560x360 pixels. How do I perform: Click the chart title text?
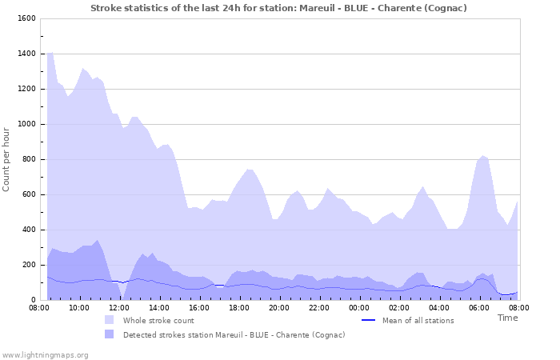(x=278, y=8)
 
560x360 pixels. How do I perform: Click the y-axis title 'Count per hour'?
(x=7, y=159)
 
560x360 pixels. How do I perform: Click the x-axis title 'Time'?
(x=507, y=318)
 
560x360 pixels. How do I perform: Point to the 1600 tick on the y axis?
(x=26, y=18)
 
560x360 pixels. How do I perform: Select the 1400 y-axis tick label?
(x=26, y=54)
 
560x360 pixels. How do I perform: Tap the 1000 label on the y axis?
(x=26, y=124)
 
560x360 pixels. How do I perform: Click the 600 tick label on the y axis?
(x=28, y=194)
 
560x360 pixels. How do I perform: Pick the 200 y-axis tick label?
(x=28, y=265)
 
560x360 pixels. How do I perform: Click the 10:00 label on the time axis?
(x=79, y=307)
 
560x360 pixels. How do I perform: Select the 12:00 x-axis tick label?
(x=119, y=307)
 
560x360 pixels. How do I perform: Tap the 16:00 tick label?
(x=199, y=307)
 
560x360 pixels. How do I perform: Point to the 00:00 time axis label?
(x=359, y=307)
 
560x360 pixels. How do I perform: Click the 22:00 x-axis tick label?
(x=319, y=307)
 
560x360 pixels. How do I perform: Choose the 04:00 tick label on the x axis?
(x=439, y=307)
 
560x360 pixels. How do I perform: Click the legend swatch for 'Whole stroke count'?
(x=110, y=320)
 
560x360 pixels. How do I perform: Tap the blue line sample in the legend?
(x=369, y=320)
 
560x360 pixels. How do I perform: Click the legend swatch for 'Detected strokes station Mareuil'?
(x=110, y=334)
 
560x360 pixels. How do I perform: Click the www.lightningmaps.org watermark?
(x=45, y=354)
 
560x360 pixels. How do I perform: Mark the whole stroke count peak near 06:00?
(x=482, y=156)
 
